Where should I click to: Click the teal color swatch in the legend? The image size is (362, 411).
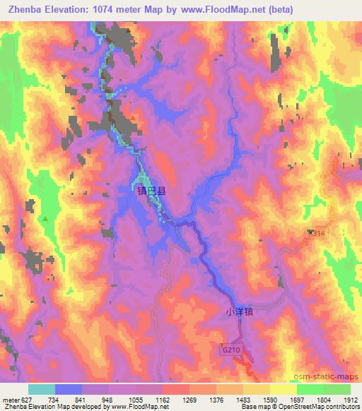click(42, 389)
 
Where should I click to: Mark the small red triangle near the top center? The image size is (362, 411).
click(132, 117)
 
